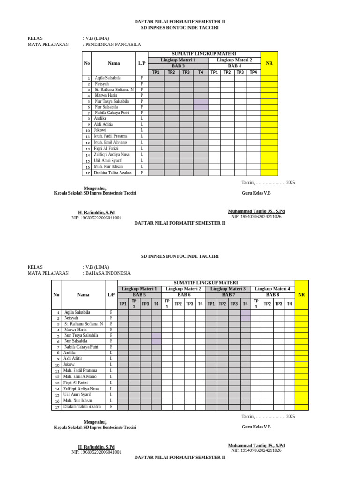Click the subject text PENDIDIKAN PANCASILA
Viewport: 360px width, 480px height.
(x=113, y=45)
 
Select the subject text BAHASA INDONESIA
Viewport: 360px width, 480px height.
(x=108, y=273)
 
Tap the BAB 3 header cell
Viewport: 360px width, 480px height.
(x=178, y=66)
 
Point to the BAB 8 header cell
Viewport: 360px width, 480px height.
(x=273, y=295)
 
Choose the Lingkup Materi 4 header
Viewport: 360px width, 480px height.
(x=273, y=289)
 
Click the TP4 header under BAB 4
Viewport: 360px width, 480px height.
(x=254, y=72)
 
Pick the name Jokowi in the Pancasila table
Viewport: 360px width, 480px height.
(x=100, y=130)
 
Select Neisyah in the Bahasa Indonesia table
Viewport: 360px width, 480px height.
(x=71, y=318)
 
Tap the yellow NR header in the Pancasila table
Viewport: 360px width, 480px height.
(x=269, y=63)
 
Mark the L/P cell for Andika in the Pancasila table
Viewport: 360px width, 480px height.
(x=142, y=119)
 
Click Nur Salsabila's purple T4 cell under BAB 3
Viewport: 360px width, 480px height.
(x=201, y=107)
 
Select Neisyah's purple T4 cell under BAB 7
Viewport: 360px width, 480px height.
(x=246, y=318)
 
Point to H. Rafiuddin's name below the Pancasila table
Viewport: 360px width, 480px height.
(x=96, y=212)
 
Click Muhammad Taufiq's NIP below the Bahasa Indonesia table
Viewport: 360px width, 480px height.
(x=256, y=450)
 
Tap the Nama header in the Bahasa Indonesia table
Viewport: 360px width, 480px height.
(x=83, y=295)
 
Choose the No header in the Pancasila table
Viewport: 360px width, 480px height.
(x=87, y=63)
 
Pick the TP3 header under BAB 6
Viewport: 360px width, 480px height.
(x=189, y=304)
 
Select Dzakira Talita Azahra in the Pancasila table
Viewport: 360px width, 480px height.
(x=112, y=172)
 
